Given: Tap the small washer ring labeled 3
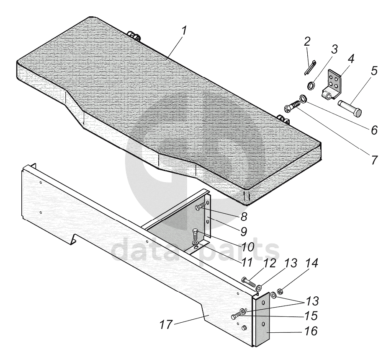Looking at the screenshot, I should (311, 86).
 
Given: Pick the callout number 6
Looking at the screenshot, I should (373, 129).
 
